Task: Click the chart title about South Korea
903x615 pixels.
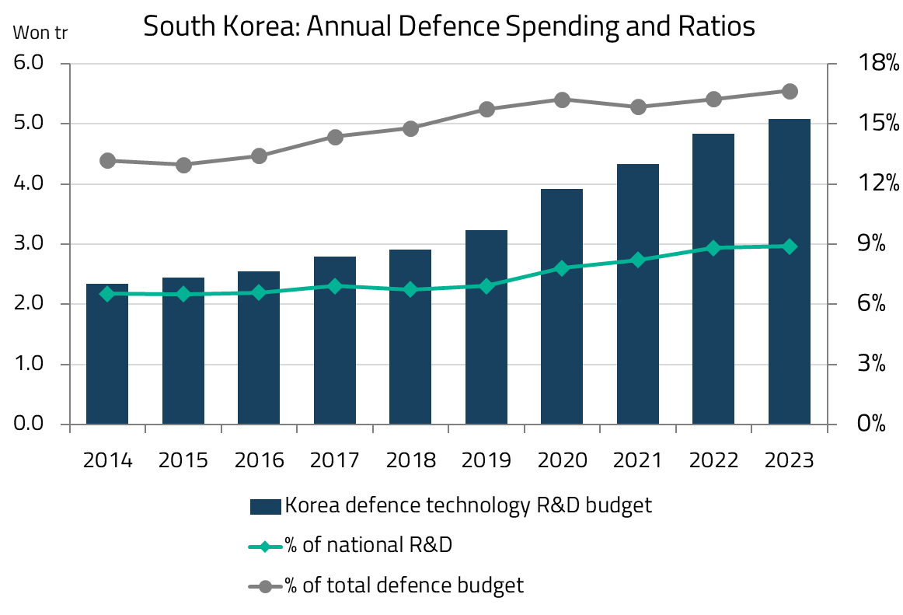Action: (449, 26)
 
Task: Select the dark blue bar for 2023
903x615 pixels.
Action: (790, 272)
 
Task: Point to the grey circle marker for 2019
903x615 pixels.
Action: (487, 110)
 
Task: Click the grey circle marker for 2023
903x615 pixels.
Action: (790, 92)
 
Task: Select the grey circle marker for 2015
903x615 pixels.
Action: (183, 165)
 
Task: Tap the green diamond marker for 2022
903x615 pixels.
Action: (713, 248)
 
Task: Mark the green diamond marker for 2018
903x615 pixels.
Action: (411, 290)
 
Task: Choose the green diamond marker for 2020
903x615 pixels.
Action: (562, 268)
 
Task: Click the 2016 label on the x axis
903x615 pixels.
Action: (260, 460)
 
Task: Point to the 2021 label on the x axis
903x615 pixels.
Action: (638, 460)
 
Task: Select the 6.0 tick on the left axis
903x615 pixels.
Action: (32, 64)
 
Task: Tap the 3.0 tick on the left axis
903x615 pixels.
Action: (32, 244)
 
